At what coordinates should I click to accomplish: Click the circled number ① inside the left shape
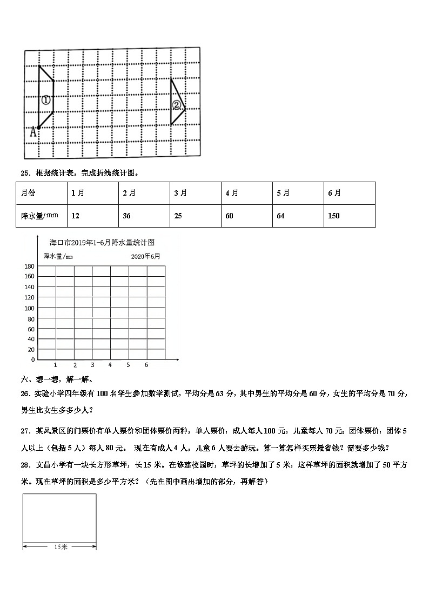tap(46, 100)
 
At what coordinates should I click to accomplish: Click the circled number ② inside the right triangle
tap(177, 105)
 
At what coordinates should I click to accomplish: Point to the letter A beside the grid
tap(33, 131)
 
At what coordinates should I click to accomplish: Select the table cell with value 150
tap(334, 216)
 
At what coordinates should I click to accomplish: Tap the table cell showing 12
tap(75, 216)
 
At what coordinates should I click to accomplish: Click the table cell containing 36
tap(127, 216)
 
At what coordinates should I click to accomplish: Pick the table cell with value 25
tap(179, 216)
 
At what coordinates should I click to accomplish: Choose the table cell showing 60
tap(229, 216)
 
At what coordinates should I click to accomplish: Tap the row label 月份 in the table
tap(28, 193)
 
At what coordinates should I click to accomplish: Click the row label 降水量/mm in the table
tap(39, 216)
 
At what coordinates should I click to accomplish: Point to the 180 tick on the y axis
tap(29, 266)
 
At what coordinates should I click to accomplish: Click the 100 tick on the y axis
tap(29, 308)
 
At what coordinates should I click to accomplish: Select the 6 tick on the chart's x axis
tap(146, 365)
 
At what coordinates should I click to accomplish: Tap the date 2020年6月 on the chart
tap(145, 256)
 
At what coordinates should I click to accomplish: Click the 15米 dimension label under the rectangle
tap(61, 547)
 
